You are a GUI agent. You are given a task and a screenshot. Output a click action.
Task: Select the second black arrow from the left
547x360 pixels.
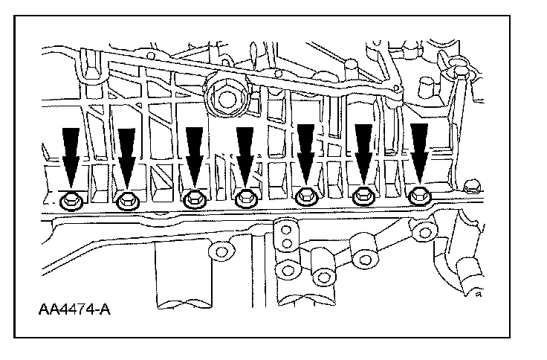[x=127, y=157]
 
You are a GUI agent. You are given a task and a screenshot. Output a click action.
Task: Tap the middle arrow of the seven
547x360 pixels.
[x=245, y=155]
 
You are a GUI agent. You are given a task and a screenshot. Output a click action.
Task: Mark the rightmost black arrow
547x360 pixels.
[x=420, y=152]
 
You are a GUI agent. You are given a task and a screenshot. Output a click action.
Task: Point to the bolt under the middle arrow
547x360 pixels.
[x=245, y=199]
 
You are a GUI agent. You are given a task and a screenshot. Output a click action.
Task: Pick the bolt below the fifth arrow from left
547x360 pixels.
[x=305, y=197]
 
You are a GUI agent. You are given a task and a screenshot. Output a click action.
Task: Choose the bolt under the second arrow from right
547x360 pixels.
[x=363, y=196]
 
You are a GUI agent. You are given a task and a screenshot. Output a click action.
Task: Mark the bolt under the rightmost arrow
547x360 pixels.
[x=420, y=196]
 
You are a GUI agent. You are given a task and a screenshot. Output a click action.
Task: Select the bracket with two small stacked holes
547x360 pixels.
[x=285, y=238]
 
